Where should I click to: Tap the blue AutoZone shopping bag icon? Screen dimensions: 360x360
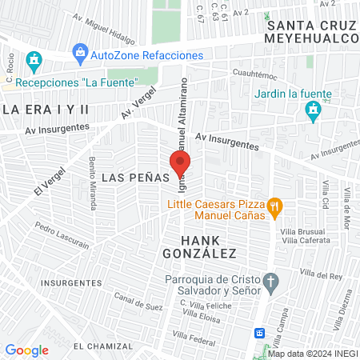pyautogui.click(x=79, y=54)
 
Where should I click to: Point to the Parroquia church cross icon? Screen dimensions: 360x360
pyautogui.click(x=271, y=282)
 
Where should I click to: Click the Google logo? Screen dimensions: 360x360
pyautogui.click(x=26, y=350)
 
